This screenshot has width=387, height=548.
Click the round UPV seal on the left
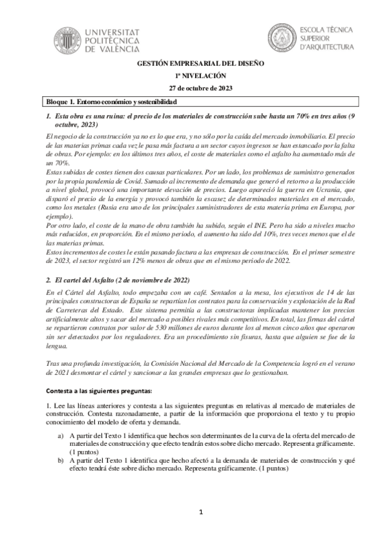click(x=68, y=38)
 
